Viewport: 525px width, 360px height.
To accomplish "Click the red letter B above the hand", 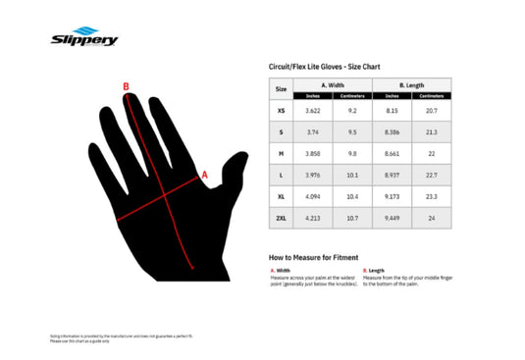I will (126, 86).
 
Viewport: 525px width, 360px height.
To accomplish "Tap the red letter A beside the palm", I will (204, 176).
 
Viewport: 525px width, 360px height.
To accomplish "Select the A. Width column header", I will (333, 85).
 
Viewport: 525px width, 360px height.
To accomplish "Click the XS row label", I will (282, 111).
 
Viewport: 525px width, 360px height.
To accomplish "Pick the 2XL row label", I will (282, 219).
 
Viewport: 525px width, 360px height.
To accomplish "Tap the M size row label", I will (282, 154).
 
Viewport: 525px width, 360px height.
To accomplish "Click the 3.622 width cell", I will (313, 111).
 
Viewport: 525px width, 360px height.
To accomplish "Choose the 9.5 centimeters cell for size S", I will (352, 132).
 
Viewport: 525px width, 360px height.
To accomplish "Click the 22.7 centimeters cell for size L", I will (431, 176).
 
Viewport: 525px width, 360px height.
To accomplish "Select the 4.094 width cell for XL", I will (313, 197).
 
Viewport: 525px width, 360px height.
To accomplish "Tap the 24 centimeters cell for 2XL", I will (431, 219).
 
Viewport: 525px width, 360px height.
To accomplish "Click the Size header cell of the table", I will (282, 89).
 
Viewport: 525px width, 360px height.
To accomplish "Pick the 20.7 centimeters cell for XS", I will (431, 111).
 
